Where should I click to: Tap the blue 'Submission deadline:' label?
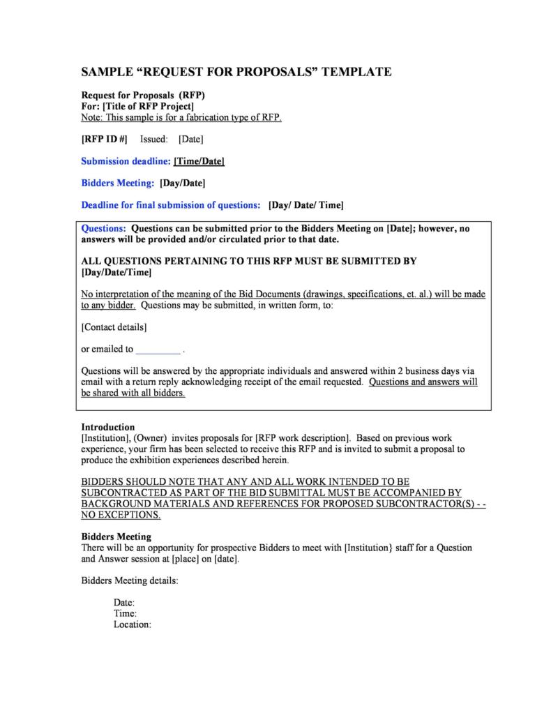tap(126, 161)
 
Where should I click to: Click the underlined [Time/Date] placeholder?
tap(199, 161)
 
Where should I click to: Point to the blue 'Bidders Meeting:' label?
tap(117, 183)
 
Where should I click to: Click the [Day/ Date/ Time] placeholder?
tap(305, 205)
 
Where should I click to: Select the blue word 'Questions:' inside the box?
tap(104, 228)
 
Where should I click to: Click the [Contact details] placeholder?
tap(114, 327)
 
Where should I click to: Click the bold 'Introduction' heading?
tap(108, 427)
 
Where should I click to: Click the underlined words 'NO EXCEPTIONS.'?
tap(121, 516)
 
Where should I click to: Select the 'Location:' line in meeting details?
tap(133, 624)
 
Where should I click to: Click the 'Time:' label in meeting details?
tap(125, 613)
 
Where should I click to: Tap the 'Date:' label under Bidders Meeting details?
tap(124, 602)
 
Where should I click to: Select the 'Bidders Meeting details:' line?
tap(130, 580)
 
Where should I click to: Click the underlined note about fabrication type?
tap(181, 117)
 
